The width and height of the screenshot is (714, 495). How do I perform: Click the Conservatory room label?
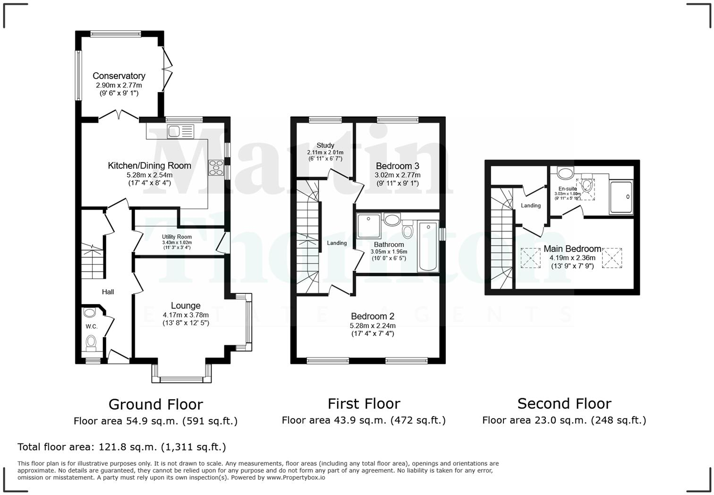pyautogui.click(x=119, y=76)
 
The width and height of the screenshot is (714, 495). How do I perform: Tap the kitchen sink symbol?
pyautogui.click(x=180, y=131)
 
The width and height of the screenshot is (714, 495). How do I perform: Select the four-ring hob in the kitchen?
pyautogui.click(x=217, y=168)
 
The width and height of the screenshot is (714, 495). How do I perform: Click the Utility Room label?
pyautogui.click(x=177, y=237)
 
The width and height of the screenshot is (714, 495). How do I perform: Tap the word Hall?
pyautogui.click(x=108, y=292)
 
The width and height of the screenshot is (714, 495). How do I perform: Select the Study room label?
pyautogui.click(x=325, y=145)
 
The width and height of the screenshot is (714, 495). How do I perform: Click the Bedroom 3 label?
pyautogui.click(x=397, y=166)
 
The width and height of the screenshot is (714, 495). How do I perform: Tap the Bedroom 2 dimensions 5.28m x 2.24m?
pyautogui.click(x=373, y=325)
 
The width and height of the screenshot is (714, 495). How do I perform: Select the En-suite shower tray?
pyautogui.click(x=620, y=197)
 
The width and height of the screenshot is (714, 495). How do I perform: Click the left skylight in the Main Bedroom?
pyautogui.click(x=530, y=258)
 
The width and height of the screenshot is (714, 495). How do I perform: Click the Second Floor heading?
pyautogui.click(x=564, y=403)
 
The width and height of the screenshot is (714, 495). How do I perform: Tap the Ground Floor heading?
pyautogui.click(x=155, y=404)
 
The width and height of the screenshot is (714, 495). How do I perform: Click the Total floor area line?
pyautogui.click(x=121, y=447)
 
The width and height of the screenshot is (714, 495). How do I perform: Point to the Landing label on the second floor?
pyautogui.click(x=531, y=205)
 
